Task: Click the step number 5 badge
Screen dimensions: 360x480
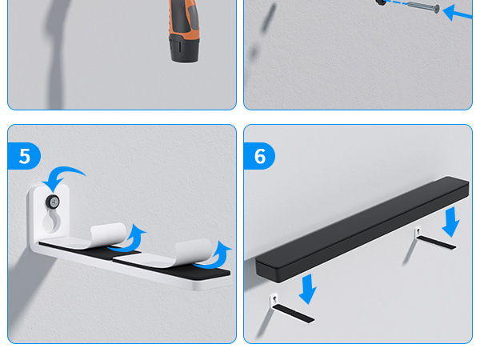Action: pyautogui.click(x=24, y=156)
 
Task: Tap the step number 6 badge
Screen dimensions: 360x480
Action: pyautogui.click(x=260, y=156)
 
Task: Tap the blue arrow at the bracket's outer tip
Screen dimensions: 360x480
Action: pyautogui.click(x=222, y=256)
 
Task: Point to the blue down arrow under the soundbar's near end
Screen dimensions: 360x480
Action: pyautogui.click(x=306, y=289)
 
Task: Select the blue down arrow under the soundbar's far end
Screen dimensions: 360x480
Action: pyautogui.click(x=451, y=221)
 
